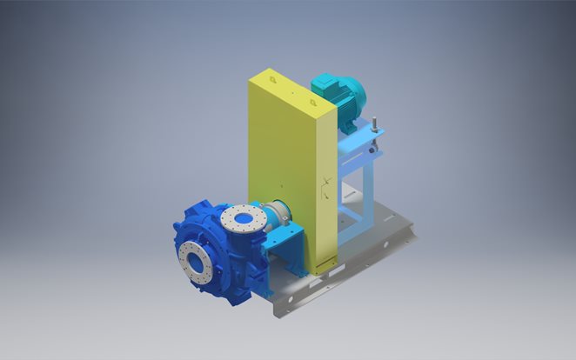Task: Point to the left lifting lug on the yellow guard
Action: (x=271, y=79)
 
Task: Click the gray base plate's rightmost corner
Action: (x=416, y=232)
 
